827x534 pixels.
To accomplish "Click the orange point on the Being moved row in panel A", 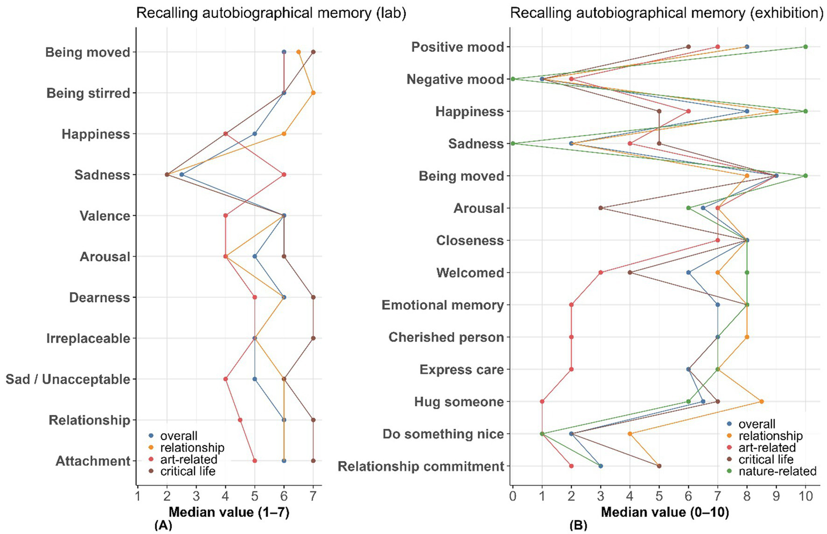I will click(298, 52).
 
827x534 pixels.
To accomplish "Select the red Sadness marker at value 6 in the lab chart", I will click(284, 175).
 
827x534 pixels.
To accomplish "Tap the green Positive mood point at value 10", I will click(805, 47).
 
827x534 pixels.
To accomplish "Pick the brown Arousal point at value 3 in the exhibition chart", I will click(601, 208).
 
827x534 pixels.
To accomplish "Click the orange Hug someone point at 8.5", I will click(761, 401).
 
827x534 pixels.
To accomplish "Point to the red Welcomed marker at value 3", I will click(601, 273).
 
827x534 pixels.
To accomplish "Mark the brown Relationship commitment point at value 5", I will click(659, 466).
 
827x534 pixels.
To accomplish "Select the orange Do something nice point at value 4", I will click(630, 434).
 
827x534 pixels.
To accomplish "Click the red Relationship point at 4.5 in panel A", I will click(240, 420).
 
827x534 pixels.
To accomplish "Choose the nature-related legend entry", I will click(777, 471).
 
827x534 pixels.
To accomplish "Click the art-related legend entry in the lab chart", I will click(189, 460).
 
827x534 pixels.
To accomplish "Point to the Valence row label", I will click(105, 216).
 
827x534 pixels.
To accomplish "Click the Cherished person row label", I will click(446, 337).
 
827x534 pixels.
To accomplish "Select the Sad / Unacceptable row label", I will click(68, 379).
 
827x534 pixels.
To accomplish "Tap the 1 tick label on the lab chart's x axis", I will click(138, 495).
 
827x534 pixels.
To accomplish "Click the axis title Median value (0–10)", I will click(665, 512).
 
